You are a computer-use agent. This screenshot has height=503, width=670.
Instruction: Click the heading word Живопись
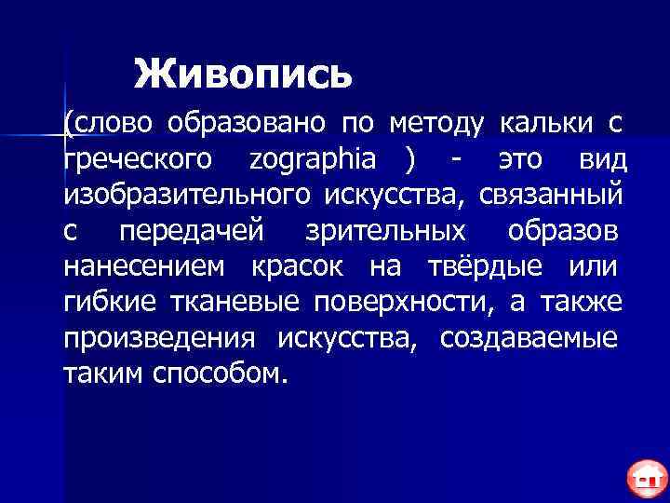(243, 74)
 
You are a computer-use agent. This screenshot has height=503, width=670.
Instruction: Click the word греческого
(138, 158)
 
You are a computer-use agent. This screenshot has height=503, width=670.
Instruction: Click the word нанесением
(143, 267)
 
